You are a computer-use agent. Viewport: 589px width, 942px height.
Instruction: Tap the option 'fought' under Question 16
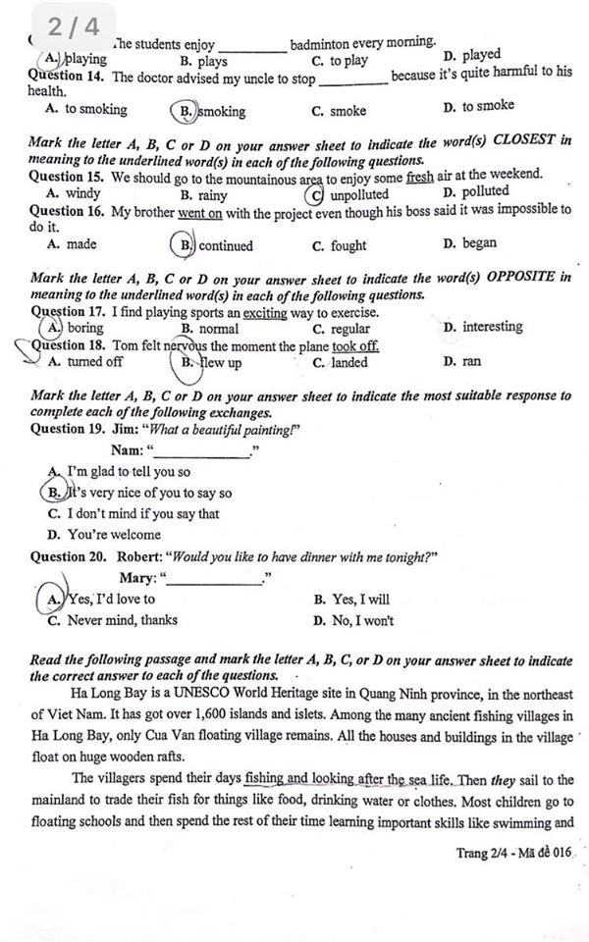[348, 246]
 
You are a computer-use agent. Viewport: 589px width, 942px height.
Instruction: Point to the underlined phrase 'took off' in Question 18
[355, 346]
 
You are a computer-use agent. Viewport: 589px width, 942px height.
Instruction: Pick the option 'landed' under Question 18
[348, 362]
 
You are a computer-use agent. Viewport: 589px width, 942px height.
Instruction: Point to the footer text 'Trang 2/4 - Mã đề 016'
[513, 853]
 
